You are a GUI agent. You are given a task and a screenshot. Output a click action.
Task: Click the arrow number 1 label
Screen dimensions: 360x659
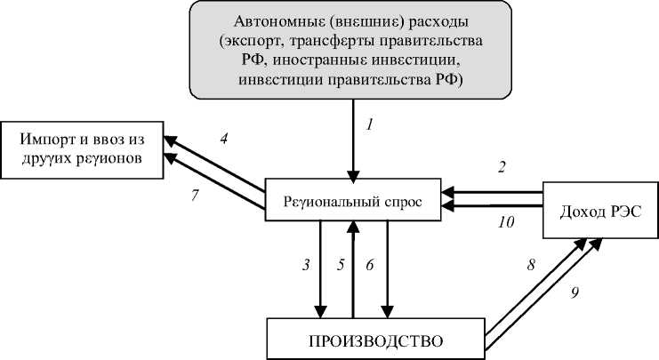(x=369, y=124)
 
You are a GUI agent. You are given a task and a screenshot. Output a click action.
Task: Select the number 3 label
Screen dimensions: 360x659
(x=305, y=265)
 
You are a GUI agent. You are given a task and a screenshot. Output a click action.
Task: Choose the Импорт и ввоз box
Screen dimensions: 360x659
(x=84, y=149)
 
